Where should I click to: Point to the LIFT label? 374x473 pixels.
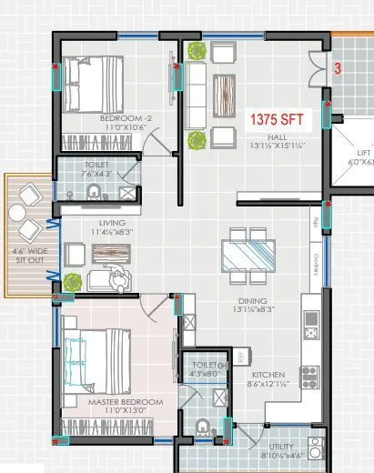(x=364, y=155)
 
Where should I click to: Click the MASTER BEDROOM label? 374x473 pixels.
(x=126, y=402)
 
